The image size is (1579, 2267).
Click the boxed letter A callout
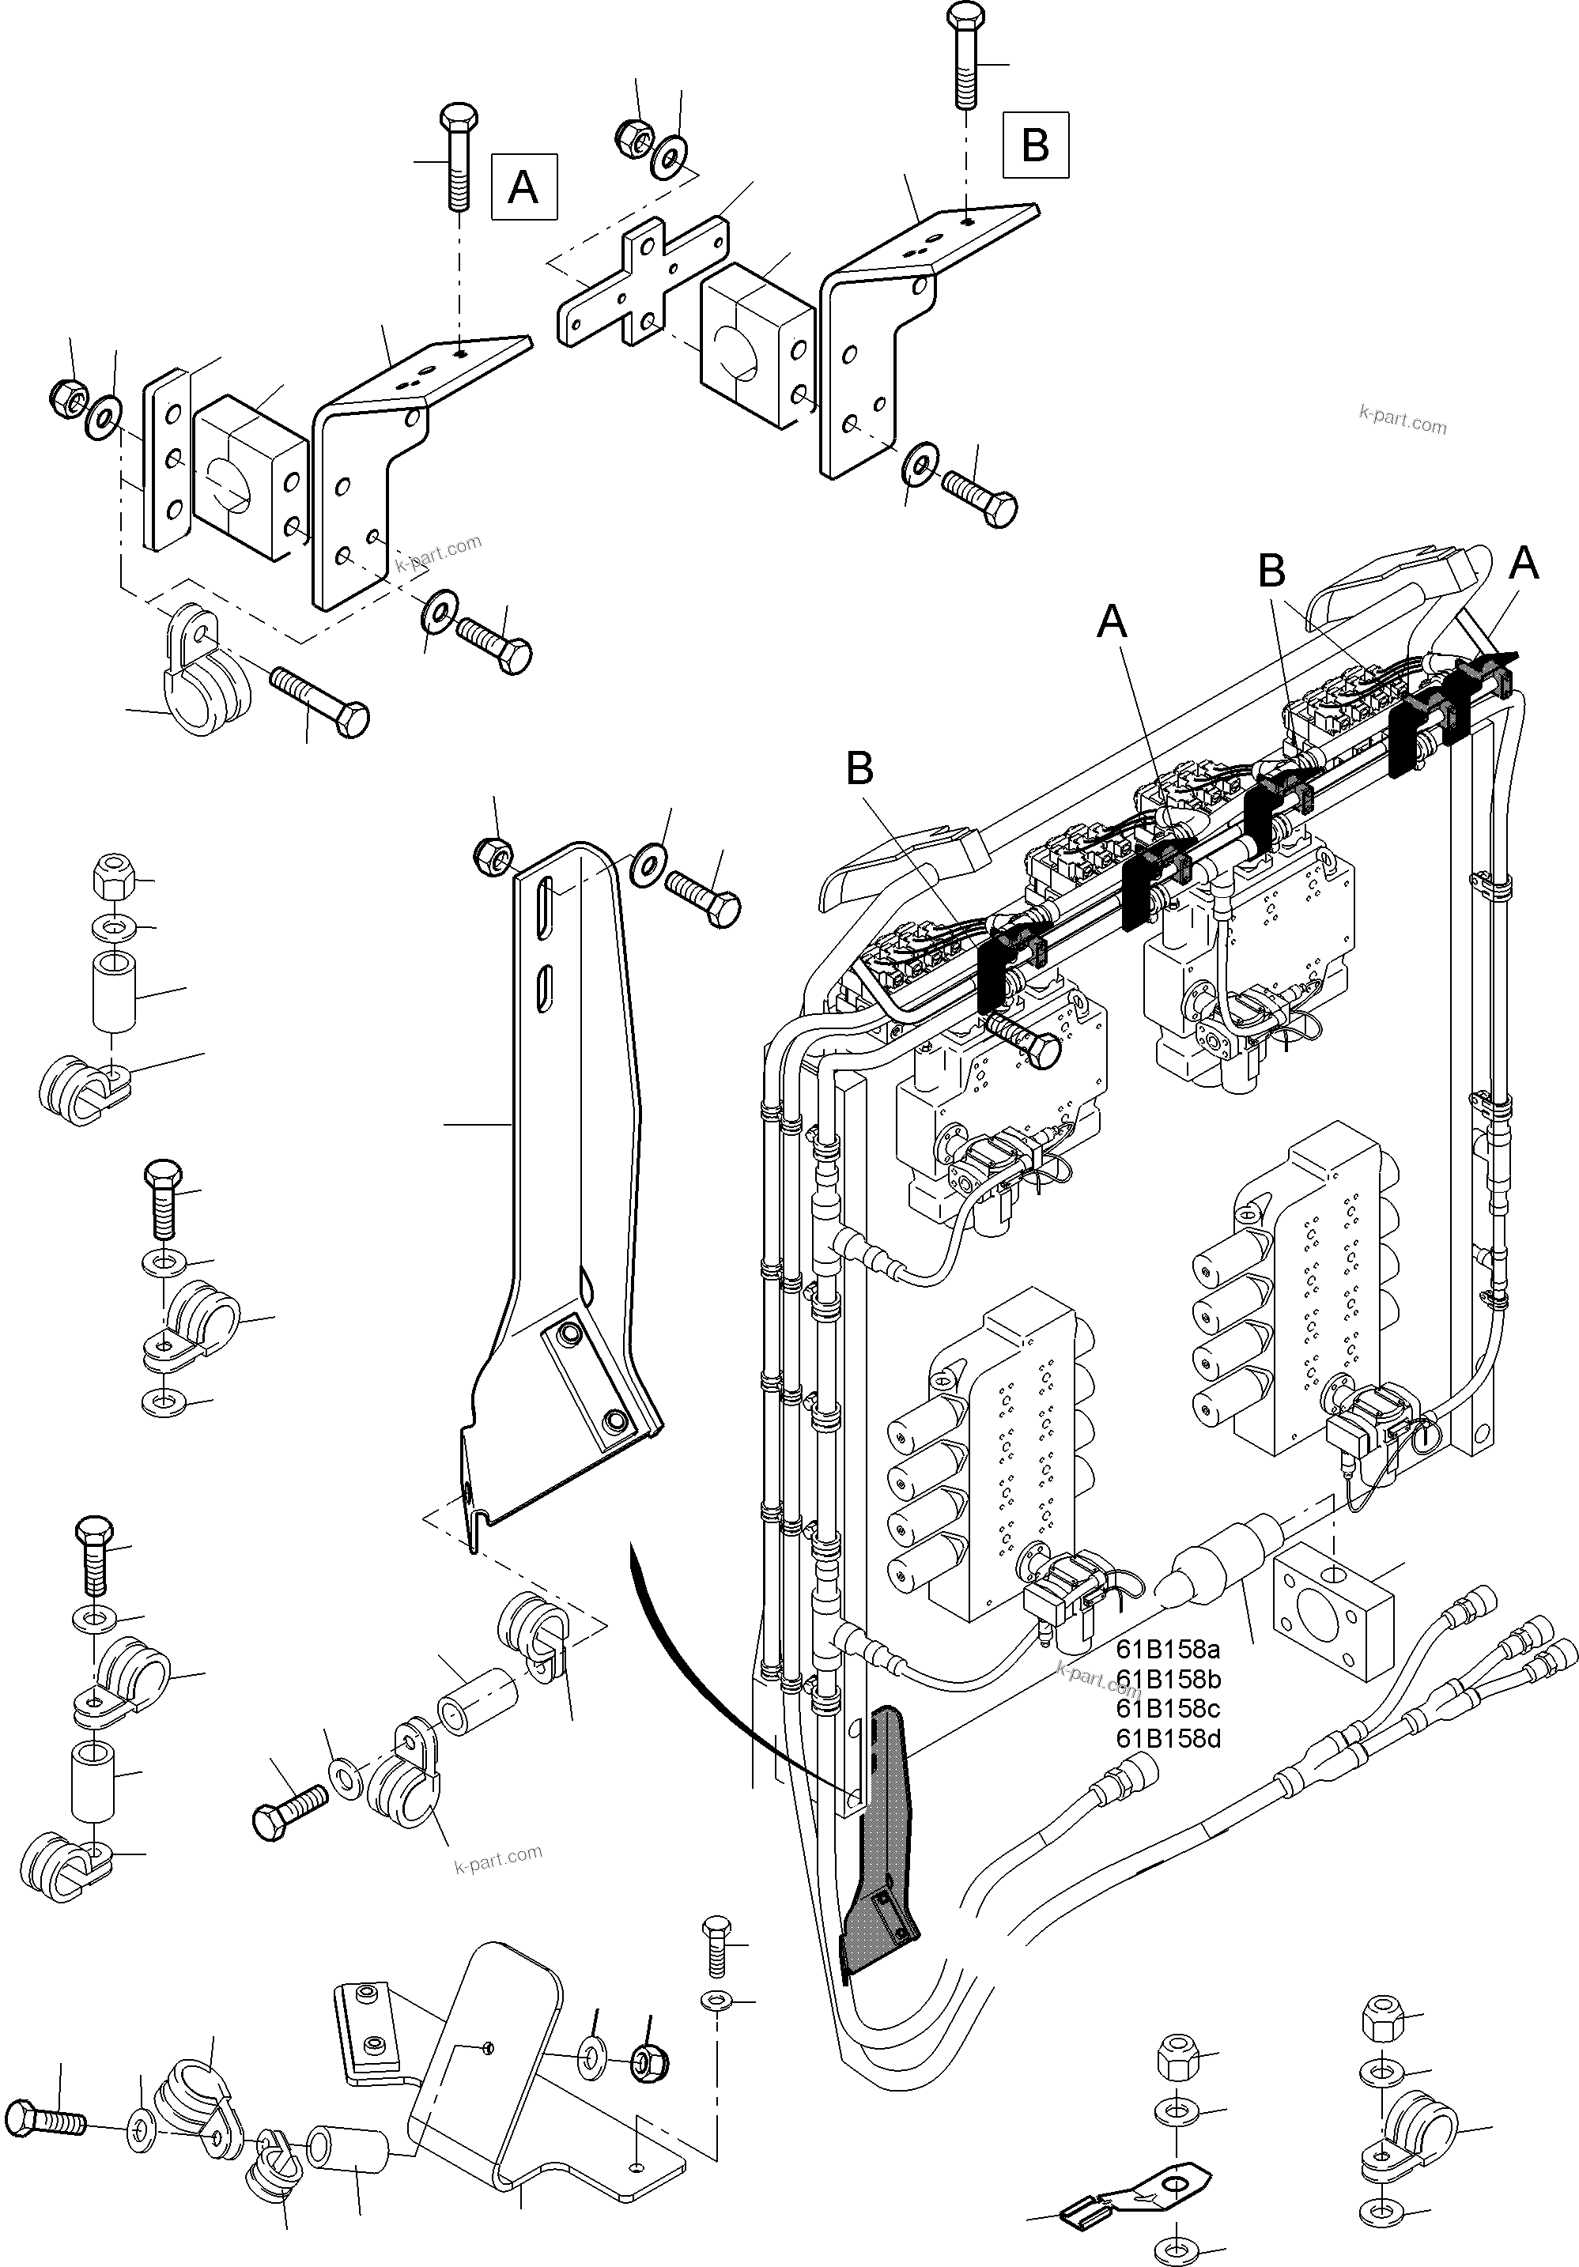pos(523,186)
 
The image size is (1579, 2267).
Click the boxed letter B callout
pos(1035,145)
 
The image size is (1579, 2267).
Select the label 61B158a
pos(1168,1649)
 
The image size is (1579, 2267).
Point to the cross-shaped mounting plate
pos(643,282)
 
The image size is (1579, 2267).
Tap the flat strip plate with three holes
pos(166,460)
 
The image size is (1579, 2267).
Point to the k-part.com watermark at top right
pos(1402,421)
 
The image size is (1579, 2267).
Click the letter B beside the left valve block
pos(859,769)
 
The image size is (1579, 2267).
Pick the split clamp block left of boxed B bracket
pos(755,346)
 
